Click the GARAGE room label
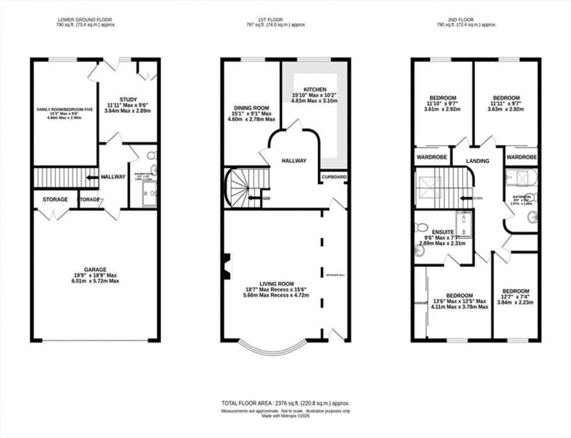click(x=94, y=269)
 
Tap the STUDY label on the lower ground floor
click(x=128, y=99)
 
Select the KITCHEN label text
click(x=314, y=90)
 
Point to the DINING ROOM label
click(x=251, y=108)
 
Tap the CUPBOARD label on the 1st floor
click(x=334, y=176)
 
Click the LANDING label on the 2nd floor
click(x=477, y=161)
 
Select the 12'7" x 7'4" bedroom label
click(x=516, y=291)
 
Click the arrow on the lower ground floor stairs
click(x=91, y=177)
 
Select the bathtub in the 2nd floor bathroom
click(x=521, y=177)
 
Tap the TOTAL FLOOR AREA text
click(x=285, y=403)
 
